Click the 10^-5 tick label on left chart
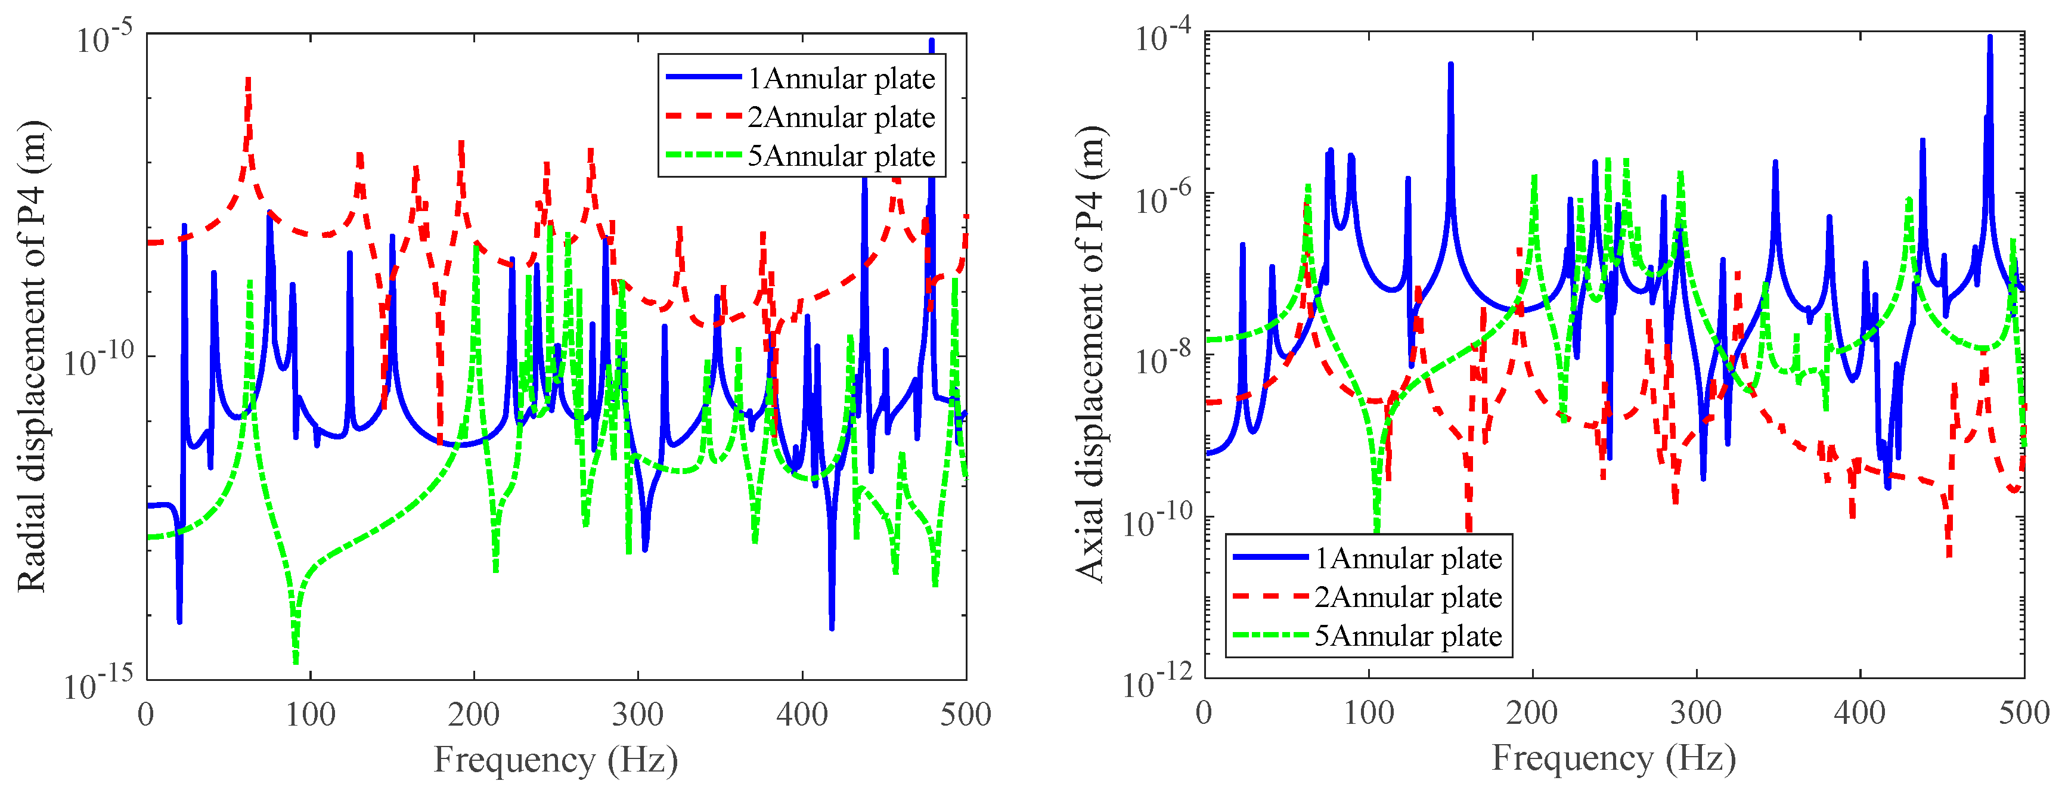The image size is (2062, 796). click(x=104, y=38)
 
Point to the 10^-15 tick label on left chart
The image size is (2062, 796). click(x=98, y=685)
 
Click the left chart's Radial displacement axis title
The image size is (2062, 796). click(x=32, y=357)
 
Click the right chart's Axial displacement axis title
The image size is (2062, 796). click(x=1090, y=354)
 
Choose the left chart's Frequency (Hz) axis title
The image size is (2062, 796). click(x=556, y=759)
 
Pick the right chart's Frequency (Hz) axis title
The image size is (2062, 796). click(x=1614, y=758)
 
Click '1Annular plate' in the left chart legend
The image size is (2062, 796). click(x=841, y=79)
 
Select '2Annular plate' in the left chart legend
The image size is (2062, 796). click(x=841, y=117)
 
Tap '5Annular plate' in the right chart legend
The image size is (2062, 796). click(x=1407, y=636)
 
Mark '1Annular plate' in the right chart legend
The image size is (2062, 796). click(x=1407, y=558)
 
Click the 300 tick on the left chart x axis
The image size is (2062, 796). click(x=637, y=714)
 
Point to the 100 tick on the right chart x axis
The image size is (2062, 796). click(x=1369, y=712)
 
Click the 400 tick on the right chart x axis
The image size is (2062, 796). click(x=1859, y=712)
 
